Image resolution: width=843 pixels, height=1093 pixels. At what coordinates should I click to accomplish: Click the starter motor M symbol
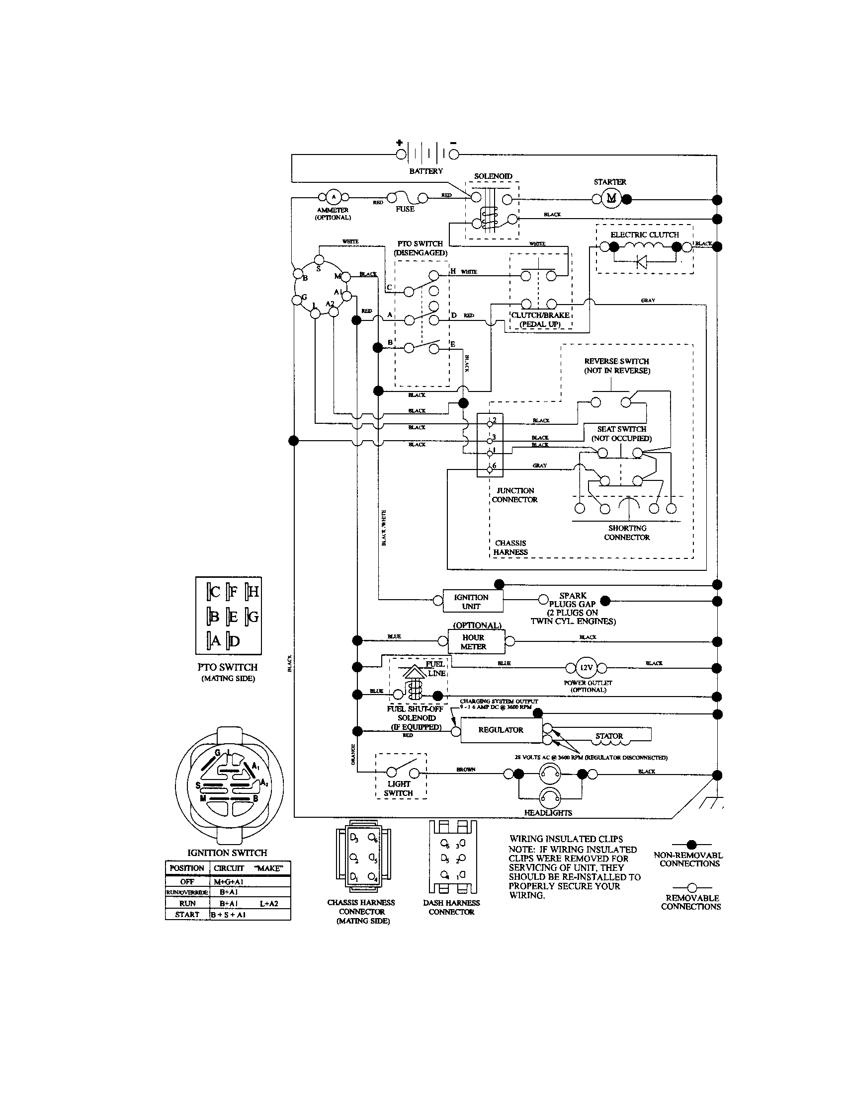pos(611,198)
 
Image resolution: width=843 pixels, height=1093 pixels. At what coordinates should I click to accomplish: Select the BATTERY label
pos(425,171)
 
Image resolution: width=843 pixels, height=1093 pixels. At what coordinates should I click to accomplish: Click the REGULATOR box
pos(501,730)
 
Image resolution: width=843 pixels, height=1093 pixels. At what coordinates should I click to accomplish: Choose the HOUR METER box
pos(473,642)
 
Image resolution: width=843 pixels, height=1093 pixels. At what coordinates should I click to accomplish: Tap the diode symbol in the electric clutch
pos(641,262)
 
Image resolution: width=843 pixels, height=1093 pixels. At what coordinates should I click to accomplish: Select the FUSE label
pos(405,209)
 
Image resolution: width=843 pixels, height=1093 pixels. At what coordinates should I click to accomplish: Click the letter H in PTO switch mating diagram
pos(253,592)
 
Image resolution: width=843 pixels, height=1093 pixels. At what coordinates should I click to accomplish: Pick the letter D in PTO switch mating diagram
pos(234,640)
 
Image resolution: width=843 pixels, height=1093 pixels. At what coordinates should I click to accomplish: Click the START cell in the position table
pos(187,914)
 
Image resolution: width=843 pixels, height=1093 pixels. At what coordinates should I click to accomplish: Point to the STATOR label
pos(609,736)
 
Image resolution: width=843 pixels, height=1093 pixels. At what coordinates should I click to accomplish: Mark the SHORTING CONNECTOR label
pos(627,533)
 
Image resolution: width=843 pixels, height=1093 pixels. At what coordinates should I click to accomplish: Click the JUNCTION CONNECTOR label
pos(515,495)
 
